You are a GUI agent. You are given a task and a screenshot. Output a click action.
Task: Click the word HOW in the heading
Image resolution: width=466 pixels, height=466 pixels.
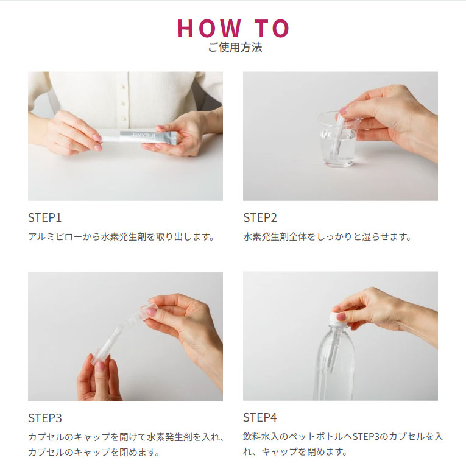click(x=210, y=29)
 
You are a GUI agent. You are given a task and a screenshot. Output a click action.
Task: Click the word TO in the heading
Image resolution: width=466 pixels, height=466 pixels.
click(x=272, y=29)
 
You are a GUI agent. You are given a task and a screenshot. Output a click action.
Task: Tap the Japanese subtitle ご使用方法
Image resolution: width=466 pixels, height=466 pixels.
click(x=235, y=48)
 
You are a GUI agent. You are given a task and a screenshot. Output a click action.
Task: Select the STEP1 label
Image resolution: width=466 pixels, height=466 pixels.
click(x=45, y=217)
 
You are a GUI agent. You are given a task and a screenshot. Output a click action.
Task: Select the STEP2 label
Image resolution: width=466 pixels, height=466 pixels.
click(x=260, y=217)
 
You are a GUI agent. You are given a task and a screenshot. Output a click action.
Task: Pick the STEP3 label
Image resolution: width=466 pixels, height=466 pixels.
click(x=45, y=418)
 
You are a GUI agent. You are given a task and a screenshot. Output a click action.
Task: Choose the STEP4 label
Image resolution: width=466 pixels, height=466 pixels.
click(x=260, y=417)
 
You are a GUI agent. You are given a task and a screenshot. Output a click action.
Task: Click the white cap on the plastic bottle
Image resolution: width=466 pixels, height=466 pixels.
click(x=338, y=319)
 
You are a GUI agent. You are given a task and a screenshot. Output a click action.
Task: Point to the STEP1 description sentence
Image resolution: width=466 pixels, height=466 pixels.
click(x=121, y=236)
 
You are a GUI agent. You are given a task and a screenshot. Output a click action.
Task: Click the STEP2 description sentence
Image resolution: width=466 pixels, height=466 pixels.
click(x=327, y=236)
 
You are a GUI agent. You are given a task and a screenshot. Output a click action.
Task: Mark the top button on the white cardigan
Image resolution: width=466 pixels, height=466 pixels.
click(x=122, y=86)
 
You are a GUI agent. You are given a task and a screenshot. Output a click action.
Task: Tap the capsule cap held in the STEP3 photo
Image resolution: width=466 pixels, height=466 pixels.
click(x=147, y=312)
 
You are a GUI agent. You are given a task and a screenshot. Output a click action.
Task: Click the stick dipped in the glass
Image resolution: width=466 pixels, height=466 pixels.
click(x=338, y=134)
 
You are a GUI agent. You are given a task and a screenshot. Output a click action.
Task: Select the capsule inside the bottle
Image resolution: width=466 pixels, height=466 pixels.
click(x=335, y=348)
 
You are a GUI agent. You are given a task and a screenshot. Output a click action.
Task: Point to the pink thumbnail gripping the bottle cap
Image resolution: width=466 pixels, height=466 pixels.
click(x=341, y=317)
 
